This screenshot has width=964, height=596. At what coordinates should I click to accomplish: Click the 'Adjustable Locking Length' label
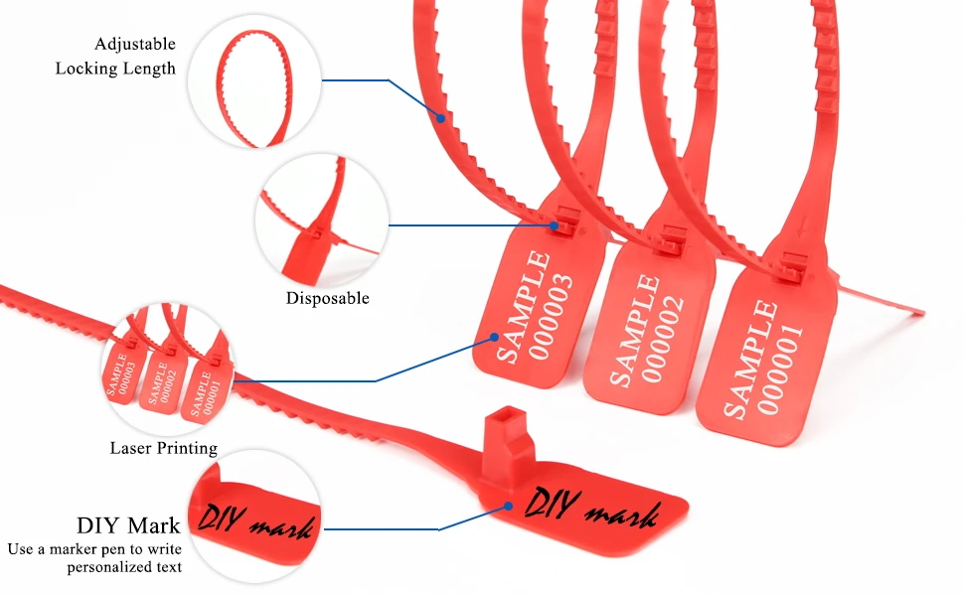point(115,57)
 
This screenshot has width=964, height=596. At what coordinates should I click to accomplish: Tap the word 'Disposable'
point(327,298)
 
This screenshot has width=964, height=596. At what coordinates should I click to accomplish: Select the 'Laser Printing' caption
point(163,448)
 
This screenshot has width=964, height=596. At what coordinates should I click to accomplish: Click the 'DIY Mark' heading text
point(128,525)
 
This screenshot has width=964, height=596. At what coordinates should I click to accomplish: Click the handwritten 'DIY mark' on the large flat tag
point(591,510)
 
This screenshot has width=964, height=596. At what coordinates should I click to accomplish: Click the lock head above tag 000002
point(672,237)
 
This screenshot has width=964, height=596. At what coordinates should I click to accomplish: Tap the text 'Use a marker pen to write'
point(93,548)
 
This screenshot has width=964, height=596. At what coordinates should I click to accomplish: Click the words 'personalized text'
point(124,567)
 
